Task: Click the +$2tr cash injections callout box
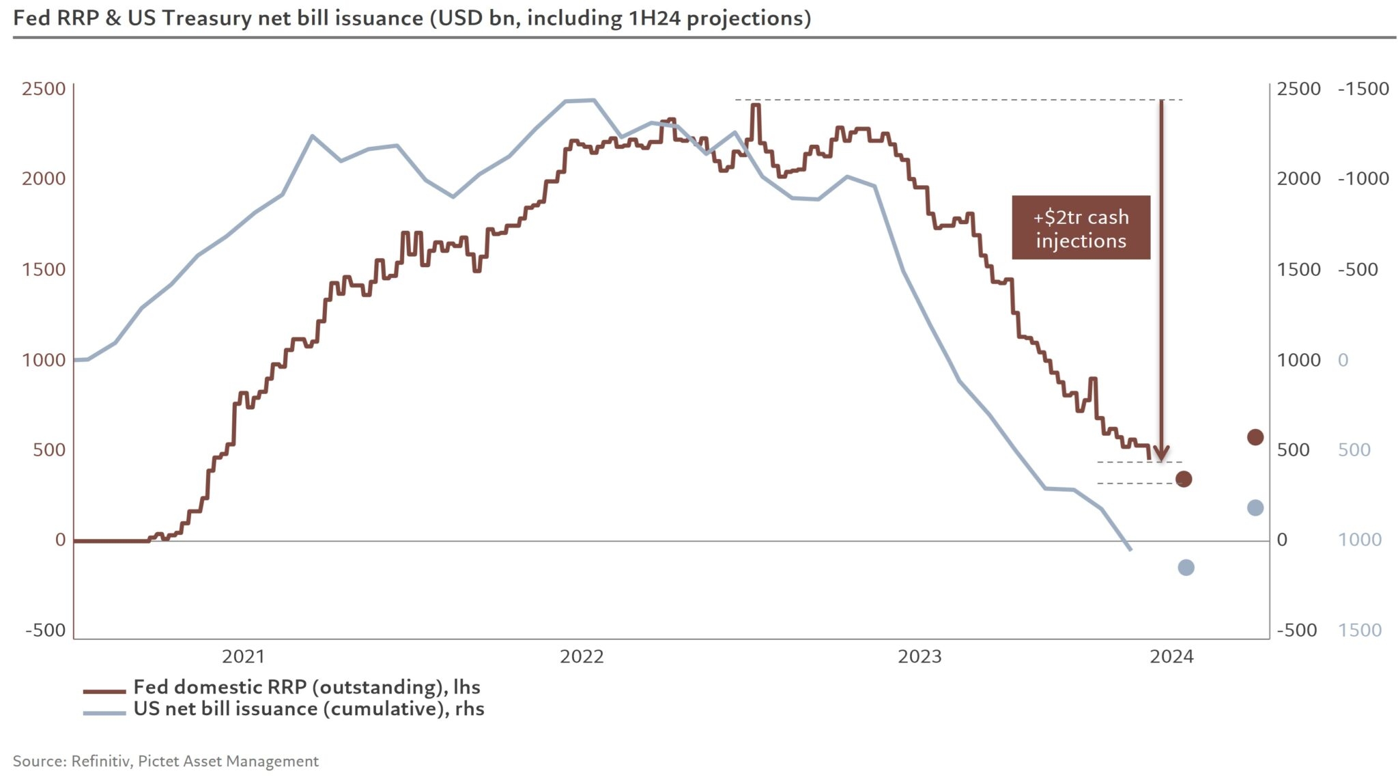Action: [1081, 227]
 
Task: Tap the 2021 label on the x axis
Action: [243, 657]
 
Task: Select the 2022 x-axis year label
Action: [582, 657]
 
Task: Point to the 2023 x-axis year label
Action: [919, 657]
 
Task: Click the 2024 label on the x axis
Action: [1171, 657]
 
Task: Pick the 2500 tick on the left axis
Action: [44, 89]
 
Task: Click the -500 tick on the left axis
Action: [45, 630]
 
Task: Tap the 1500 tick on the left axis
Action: [44, 269]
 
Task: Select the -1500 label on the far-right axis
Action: [1363, 89]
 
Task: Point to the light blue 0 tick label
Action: [1343, 360]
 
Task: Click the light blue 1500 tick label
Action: [1359, 630]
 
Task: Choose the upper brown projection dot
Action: [1255, 437]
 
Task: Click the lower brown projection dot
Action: [1184, 479]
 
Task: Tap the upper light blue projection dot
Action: [1255, 507]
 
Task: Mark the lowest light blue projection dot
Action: [1186, 568]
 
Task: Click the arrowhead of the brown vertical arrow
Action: [1161, 454]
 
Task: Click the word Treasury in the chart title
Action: [208, 18]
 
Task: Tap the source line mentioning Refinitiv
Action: [166, 762]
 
